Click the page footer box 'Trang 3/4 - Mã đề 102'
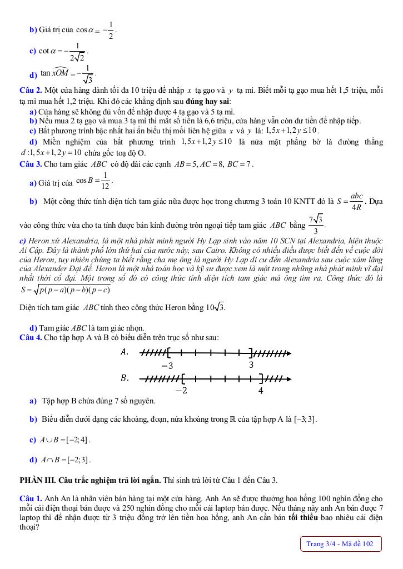(x=340, y=544)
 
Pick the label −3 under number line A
(x=167, y=366)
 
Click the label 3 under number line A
(x=251, y=365)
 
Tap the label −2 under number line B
(x=181, y=391)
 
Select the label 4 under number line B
(x=261, y=391)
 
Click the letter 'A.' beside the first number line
(x=125, y=352)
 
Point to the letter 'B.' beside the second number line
(x=125, y=378)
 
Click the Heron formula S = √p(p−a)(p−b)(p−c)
(x=65, y=290)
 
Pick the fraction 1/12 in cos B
(x=106, y=182)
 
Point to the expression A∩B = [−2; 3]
(x=65, y=460)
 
